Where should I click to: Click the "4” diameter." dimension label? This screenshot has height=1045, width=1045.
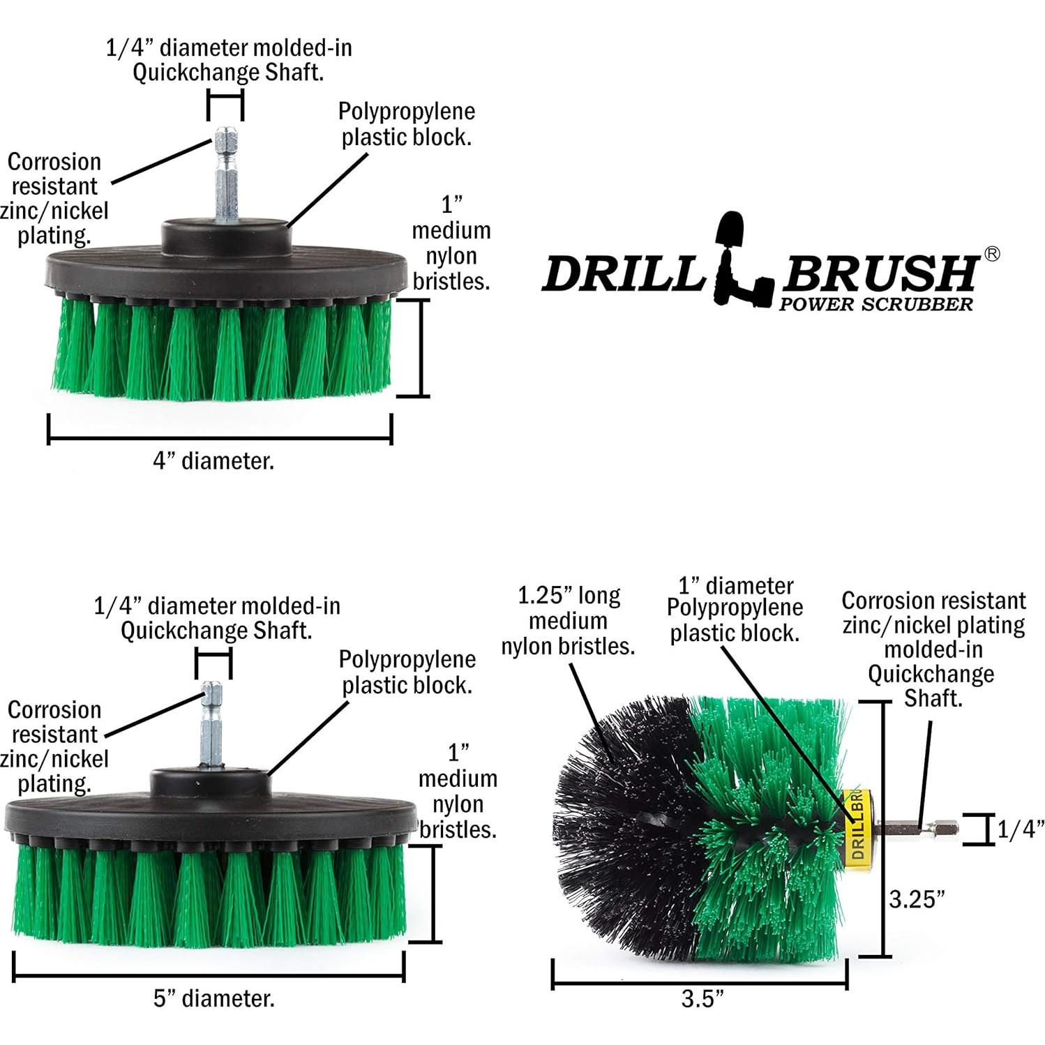[x=213, y=461]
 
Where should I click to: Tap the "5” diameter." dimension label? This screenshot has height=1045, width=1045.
[x=213, y=998]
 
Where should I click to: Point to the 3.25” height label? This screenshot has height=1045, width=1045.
[x=916, y=899]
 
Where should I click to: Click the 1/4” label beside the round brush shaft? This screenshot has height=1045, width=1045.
[x=1020, y=829]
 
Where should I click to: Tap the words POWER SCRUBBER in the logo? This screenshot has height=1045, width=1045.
[x=875, y=304]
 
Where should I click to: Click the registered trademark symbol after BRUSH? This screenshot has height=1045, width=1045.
[x=991, y=254]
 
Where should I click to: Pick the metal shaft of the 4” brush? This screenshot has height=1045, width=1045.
[x=227, y=174]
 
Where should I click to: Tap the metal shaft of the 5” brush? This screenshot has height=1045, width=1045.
[x=211, y=726]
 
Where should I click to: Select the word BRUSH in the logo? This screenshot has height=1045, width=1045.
[x=879, y=273]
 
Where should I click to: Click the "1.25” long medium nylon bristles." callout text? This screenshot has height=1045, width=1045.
[x=568, y=621]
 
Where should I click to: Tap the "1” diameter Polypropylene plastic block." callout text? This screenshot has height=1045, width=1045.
[x=735, y=609]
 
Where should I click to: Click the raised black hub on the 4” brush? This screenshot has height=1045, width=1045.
[x=226, y=236]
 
